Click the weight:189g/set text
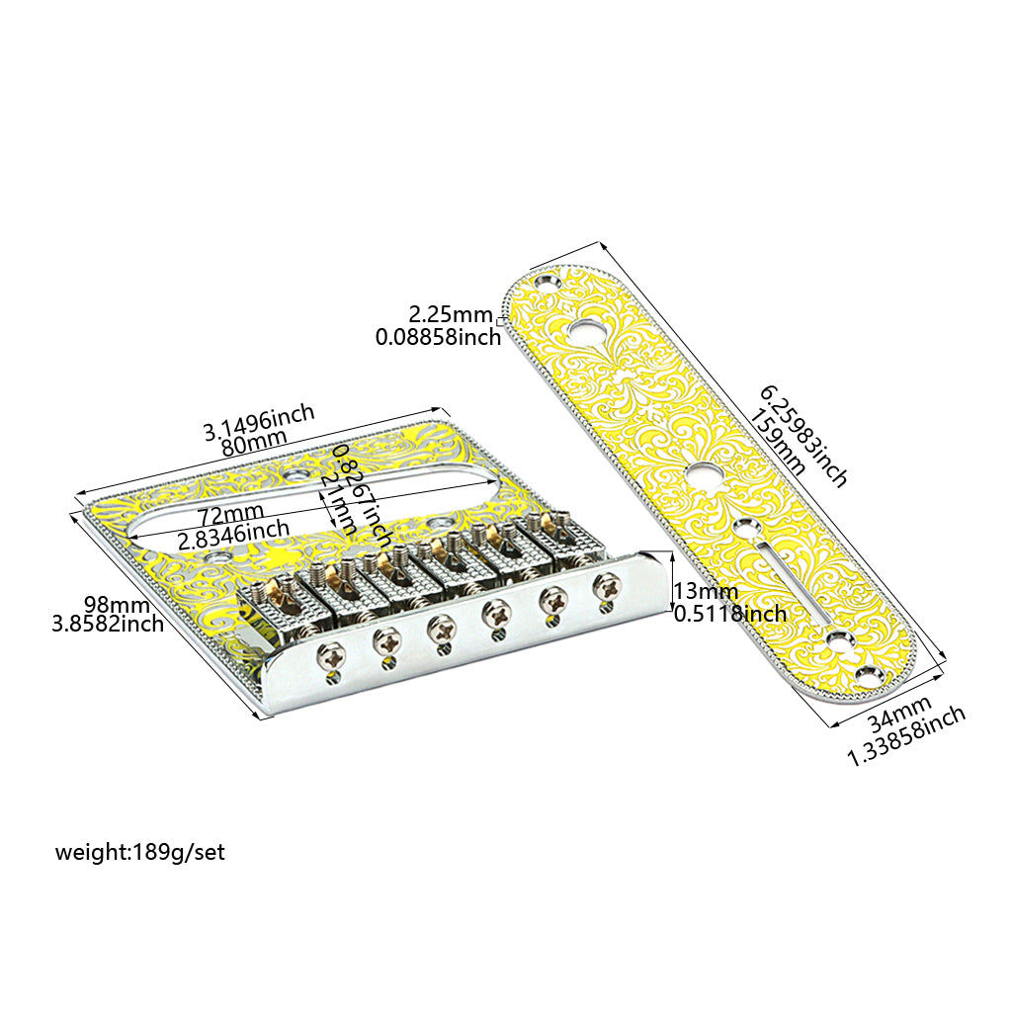coord(140,852)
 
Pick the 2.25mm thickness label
coord(451,315)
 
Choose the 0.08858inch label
coord(438,337)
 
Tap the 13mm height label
coord(706,591)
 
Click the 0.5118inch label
coord(729,614)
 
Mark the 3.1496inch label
coord(259,421)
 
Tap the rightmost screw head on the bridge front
coord(602,585)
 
